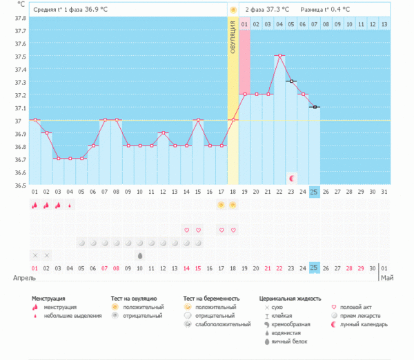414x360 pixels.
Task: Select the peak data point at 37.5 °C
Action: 279,55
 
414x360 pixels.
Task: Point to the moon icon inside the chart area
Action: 291,178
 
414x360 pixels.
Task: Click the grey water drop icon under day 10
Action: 139,255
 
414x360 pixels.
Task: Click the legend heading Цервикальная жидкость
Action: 289,299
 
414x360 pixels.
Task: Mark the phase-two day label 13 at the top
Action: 384,24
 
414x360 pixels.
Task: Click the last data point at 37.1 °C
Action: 315,107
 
